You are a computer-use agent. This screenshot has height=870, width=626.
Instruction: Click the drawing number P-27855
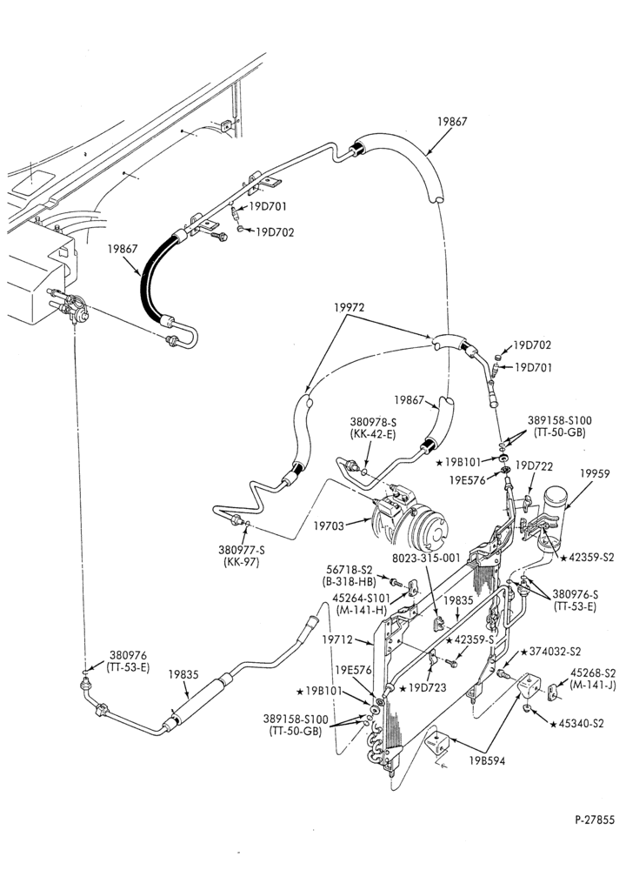(x=595, y=820)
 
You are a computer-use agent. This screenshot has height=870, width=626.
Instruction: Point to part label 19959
(x=595, y=474)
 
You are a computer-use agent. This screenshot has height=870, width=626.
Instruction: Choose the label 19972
(x=349, y=307)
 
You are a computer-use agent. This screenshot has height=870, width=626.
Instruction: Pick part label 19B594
(x=488, y=761)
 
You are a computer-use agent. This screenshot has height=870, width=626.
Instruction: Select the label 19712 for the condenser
(x=336, y=639)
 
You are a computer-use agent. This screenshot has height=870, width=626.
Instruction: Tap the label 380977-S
(x=242, y=550)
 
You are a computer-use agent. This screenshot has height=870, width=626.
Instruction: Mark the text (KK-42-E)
(x=373, y=434)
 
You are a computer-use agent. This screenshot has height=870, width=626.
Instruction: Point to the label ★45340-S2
(x=576, y=724)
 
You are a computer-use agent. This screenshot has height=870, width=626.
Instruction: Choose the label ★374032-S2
(x=550, y=652)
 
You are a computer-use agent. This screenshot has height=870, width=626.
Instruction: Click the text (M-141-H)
(x=361, y=610)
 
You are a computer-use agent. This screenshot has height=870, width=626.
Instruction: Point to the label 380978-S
(x=373, y=422)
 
